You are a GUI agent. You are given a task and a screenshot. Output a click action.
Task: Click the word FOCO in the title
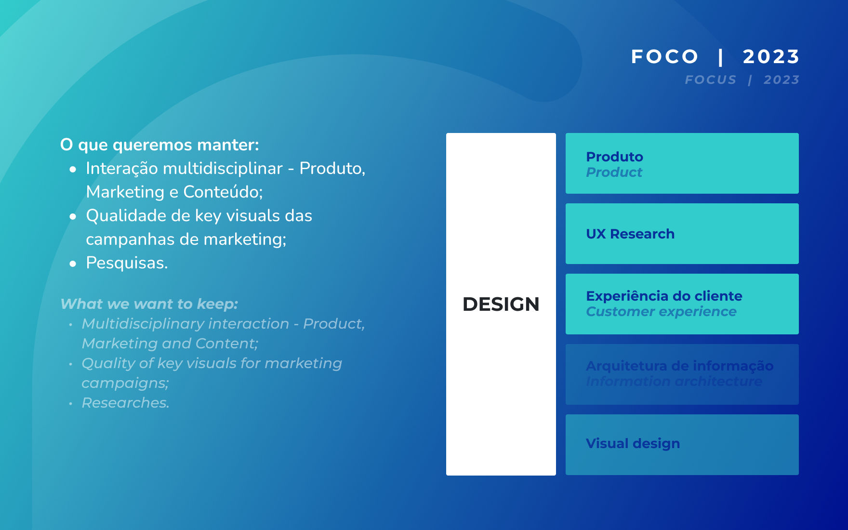664,57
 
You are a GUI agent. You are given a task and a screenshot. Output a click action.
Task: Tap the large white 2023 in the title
771,57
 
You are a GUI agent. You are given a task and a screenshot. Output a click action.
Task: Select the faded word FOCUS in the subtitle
711,79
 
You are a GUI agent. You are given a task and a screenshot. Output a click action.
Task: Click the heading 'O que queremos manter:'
159,145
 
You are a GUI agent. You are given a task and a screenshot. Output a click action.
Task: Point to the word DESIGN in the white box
501,304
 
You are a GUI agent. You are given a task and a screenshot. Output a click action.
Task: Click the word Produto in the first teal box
614,157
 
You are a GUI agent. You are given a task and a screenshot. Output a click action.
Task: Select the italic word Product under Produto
614,172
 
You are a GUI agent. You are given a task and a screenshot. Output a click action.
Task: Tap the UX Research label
630,234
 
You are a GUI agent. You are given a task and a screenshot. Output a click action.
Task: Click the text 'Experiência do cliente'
664,296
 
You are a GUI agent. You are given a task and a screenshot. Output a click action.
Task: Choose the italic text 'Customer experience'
661,312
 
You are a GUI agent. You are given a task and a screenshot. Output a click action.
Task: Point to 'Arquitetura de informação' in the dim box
679,366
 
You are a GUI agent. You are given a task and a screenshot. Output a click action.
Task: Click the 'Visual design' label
633,443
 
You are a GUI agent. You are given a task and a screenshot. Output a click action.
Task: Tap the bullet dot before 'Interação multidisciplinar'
73,169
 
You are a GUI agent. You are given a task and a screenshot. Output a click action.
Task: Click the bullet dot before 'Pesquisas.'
73,264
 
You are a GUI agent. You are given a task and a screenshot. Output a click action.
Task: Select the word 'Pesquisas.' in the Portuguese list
127,263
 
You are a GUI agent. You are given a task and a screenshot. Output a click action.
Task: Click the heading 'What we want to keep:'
149,304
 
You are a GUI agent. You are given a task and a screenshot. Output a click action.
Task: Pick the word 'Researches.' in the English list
125,403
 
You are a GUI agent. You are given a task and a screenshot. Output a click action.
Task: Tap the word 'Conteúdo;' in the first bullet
223,192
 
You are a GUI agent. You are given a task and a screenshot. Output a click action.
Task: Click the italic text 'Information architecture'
674,381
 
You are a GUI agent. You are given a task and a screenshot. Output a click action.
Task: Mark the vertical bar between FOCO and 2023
720,57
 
